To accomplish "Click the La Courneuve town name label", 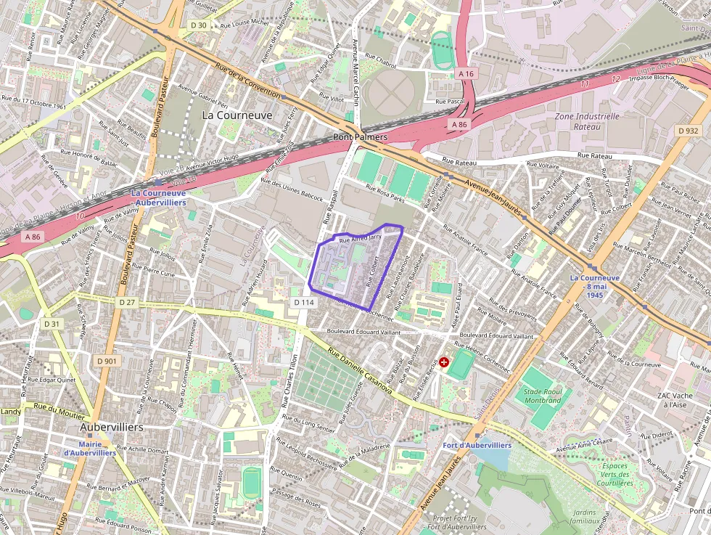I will tap(237, 115).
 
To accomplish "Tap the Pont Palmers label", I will tap(360, 136).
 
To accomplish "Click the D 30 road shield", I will tap(198, 25).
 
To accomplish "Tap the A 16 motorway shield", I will tap(466, 73).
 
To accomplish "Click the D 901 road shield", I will tap(106, 361).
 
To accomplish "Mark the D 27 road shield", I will tap(127, 301).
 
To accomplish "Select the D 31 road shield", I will tap(51, 324).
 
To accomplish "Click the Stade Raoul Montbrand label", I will tap(543, 396).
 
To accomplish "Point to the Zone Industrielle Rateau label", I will tap(587, 121).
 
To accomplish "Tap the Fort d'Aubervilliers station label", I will tap(477, 445).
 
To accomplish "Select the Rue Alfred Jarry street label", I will tap(360, 237).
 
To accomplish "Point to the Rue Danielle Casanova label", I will tap(360, 374).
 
